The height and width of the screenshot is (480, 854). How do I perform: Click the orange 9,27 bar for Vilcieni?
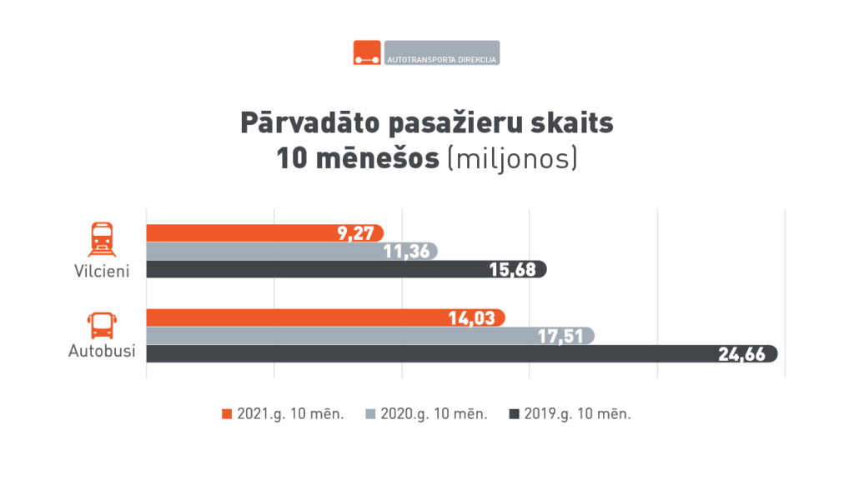click(250, 233)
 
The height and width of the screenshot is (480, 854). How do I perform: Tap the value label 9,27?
click(355, 233)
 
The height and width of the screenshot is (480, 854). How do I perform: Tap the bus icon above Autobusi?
click(102, 324)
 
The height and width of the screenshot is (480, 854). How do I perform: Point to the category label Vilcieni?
click(102, 271)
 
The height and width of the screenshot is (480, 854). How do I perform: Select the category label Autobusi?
click(101, 352)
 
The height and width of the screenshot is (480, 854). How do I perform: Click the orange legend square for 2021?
click(227, 413)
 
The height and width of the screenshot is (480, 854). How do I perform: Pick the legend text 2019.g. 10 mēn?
click(577, 413)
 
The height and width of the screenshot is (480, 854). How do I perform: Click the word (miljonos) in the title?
click(512, 157)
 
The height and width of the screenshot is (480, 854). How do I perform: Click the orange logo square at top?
click(367, 52)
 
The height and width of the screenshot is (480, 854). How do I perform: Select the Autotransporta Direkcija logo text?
click(442, 60)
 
